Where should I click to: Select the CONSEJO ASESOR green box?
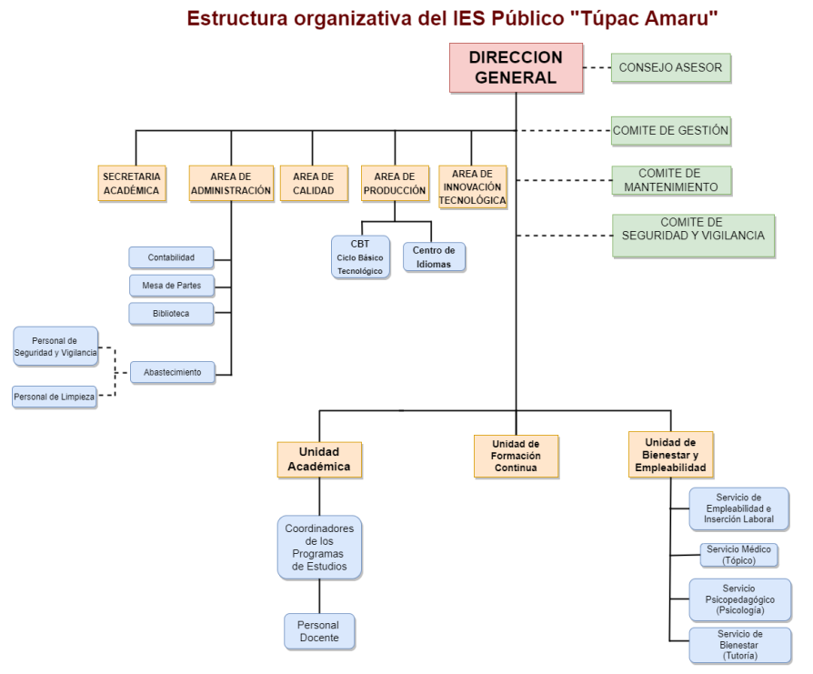(671, 68)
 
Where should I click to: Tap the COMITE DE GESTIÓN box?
(671, 131)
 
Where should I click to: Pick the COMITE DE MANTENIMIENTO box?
(671, 180)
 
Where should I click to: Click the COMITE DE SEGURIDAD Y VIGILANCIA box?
(693, 236)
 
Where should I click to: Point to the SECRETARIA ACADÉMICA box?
(132, 183)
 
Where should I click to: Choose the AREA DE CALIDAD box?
(313, 183)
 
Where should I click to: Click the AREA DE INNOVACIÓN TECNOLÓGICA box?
(472, 186)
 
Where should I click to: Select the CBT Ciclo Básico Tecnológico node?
(360, 257)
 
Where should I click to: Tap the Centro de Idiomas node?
(433, 256)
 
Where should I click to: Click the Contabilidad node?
(171, 258)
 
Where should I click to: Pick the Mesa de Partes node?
(171, 286)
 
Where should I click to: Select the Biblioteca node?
(171, 313)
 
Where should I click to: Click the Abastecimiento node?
(172, 372)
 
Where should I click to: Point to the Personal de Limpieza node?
(55, 397)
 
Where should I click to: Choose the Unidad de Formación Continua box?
(516, 456)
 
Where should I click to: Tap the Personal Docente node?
(318, 631)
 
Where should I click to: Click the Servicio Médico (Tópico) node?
(739, 555)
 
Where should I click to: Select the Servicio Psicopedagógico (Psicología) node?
(739, 599)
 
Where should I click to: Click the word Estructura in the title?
(239, 17)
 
